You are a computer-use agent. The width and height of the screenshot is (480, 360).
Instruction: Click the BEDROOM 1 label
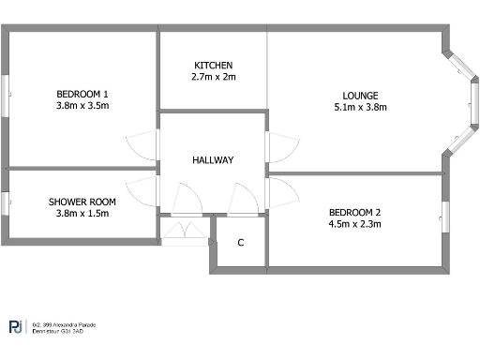tap(82, 94)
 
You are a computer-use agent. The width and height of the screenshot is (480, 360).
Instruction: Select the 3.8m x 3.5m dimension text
tap(82, 106)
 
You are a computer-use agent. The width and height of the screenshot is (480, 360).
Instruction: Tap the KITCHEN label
tap(214, 65)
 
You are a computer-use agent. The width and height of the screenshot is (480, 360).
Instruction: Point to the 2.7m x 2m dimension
tap(214, 77)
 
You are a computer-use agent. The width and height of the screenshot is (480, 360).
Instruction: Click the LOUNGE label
tap(360, 95)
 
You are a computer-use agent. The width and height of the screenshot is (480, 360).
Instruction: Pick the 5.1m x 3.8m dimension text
tap(360, 107)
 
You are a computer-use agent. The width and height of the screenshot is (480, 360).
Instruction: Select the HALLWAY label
tap(213, 160)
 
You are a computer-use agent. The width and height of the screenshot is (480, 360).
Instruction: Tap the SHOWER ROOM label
tap(82, 202)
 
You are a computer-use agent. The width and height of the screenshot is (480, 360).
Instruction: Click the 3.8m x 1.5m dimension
tap(82, 214)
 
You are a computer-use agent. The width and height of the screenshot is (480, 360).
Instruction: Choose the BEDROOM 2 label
tap(354, 212)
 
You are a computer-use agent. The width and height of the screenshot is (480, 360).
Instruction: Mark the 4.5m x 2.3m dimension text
tap(354, 224)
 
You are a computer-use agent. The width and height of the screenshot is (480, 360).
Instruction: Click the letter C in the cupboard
tap(241, 243)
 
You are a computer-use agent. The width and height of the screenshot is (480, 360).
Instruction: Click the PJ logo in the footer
tap(16, 327)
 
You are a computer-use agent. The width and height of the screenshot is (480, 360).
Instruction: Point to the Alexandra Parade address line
tap(63, 324)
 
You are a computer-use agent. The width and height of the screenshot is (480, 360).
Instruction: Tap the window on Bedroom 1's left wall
tap(7, 97)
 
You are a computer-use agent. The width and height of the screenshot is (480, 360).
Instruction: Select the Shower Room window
tap(6, 204)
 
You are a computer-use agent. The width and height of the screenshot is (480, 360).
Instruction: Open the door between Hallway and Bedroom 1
tap(140, 145)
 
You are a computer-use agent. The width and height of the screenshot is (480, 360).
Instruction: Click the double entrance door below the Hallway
tap(185, 231)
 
